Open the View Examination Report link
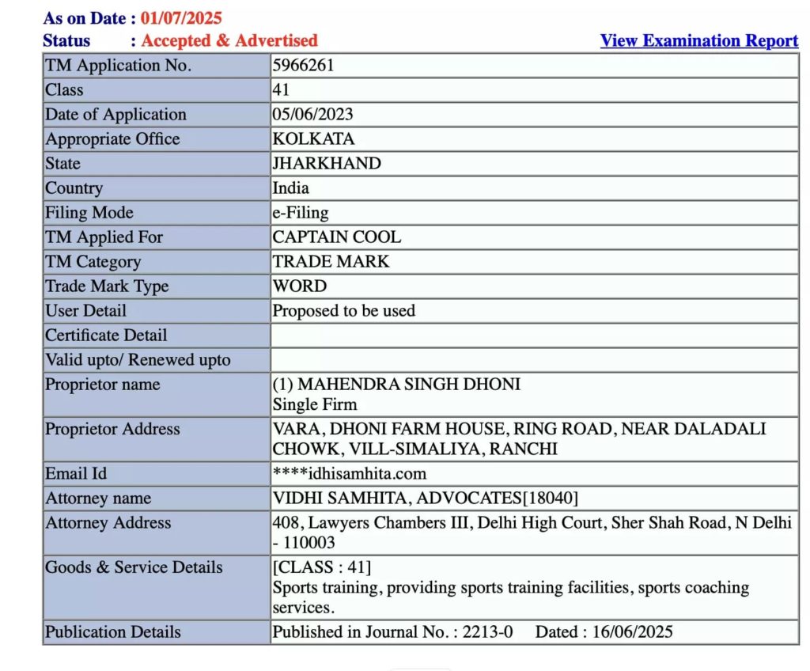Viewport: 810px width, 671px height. click(x=698, y=41)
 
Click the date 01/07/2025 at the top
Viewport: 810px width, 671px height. click(x=181, y=17)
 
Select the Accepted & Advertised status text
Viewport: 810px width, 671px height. click(x=229, y=40)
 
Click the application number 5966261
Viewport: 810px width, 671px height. click(x=303, y=66)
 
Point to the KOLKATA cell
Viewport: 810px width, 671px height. click(x=313, y=139)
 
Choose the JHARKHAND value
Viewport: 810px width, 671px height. click(x=327, y=164)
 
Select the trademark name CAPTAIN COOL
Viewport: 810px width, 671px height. click(x=336, y=237)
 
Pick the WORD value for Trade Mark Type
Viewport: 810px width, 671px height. click(x=299, y=286)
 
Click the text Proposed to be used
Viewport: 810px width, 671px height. click(x=343, y=311)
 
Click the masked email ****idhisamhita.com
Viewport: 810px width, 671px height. click(x=349, y=474)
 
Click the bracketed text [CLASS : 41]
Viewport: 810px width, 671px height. click(x=321, y=567)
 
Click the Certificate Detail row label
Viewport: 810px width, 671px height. click(x=106, y=335)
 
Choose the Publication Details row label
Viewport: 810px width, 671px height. click(x=112, y=632)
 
